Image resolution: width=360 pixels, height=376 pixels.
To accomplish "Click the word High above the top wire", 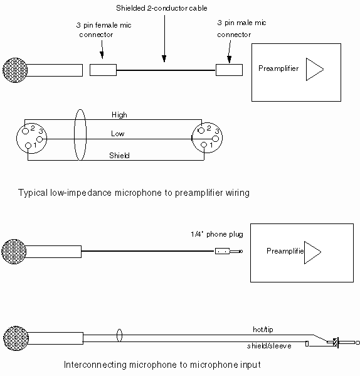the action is pyautogui.click(x=119, y=115).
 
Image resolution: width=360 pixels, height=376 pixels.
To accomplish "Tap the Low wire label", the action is pyautogui.click(x=118, y=134).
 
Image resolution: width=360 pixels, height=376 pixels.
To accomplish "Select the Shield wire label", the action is pyautogui.click(x=119, y=156).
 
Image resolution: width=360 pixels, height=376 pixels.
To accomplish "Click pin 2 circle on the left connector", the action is pyautogui.click(x=25, y=131).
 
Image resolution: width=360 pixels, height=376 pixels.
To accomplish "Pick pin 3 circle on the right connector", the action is pyautogui.click(x=216, y=139).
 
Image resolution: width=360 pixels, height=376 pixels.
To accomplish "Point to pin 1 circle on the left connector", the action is pyautogui.click(x=28, y=146).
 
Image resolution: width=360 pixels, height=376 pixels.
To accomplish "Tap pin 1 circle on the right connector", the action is pyautogui.click(x=204, y=144).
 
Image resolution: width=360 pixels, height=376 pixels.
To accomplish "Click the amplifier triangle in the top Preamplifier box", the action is pyautogui.click(x=315, y=69).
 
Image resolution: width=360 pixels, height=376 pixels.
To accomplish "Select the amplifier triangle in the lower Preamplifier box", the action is pyautogui.click(x=312, y=252).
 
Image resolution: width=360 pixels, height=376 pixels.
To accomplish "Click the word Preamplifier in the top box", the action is pyautogui.click(x=278, y=68).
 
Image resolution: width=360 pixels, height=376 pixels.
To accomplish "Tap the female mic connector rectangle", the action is pyautogui.click(x=103, y=70).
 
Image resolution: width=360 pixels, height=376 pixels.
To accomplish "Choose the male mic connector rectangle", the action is pyautogui.click(x=229, y=70).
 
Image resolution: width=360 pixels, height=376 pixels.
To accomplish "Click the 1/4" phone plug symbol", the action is pyautogui.click(x=229, y=251).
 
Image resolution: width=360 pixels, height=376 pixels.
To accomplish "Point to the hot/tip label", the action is pyautogui.click(x=263, y=330).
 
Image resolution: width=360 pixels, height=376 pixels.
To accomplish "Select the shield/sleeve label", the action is pyautogui.click(x=269, y=346).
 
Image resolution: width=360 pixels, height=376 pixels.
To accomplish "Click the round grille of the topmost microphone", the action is pyautogui.click(x=15, y=70).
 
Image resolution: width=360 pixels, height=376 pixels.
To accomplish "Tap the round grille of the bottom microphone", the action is pyautogui.click(x=16, y=338).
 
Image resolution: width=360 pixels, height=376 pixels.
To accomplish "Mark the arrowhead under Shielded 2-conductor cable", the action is pyautogui.click(x=164, y=58).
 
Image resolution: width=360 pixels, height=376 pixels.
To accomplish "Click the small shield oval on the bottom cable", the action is pyautogui.click(x=119, y=335).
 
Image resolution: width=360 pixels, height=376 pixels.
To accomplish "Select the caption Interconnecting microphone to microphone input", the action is pyautogui.click(x=162, y=365).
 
